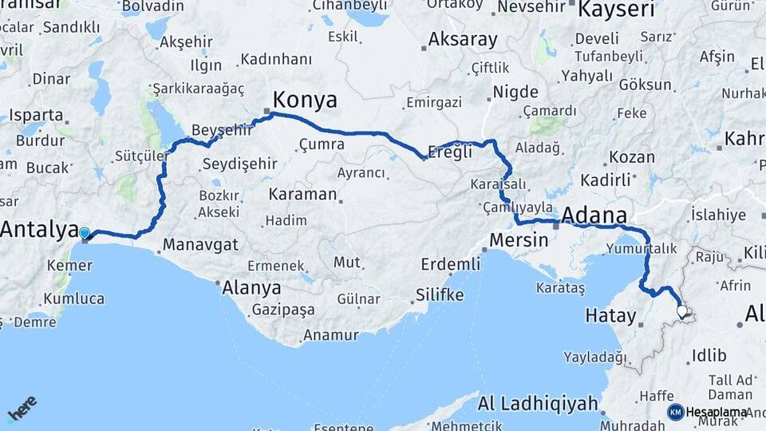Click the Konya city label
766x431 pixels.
(x=305, y=100)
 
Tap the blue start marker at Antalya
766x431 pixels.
(x=85, y=234)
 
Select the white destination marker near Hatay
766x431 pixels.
(x=682, y=312)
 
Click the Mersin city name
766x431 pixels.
(x=519, y=239)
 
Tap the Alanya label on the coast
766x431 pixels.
(x=251, y=287)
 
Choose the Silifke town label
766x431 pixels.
(x=439, y=295)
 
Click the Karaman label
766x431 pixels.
(x=302, y=194)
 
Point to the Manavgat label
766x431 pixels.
(x=200, y=245)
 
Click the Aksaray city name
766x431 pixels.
(x=463, y=38)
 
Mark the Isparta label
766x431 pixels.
(x=37, y=114)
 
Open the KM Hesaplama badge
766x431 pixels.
(x=707, y=412)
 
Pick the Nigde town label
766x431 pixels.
(x=515, y=92)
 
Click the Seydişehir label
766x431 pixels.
(x=239, y=164)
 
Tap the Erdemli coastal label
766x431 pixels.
(x=452, y=264)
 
